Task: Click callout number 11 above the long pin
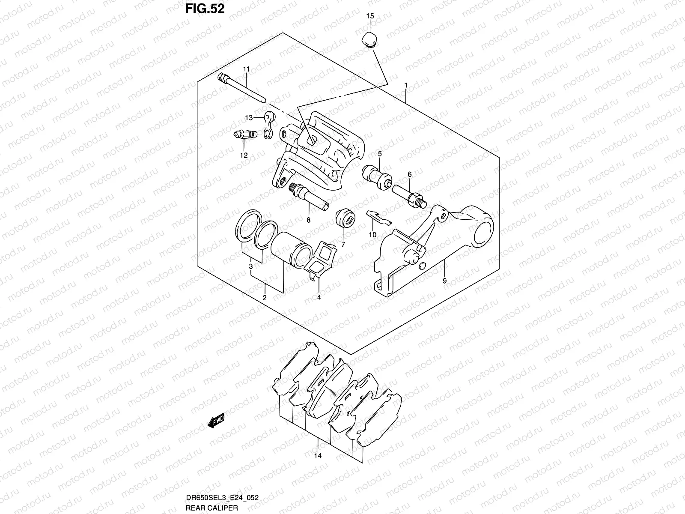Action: tap(246, 69)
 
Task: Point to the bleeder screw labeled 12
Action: tap(245, 135)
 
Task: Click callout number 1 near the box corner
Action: tap(405, 85)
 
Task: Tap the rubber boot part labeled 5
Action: tap(377, 175)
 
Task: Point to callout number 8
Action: tap(308, 220)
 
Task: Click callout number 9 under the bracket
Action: tap(444, 281)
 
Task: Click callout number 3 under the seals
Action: tap(251, 267)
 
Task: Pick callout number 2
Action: tap(265, 298)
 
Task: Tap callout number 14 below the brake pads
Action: tap(317, 456)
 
